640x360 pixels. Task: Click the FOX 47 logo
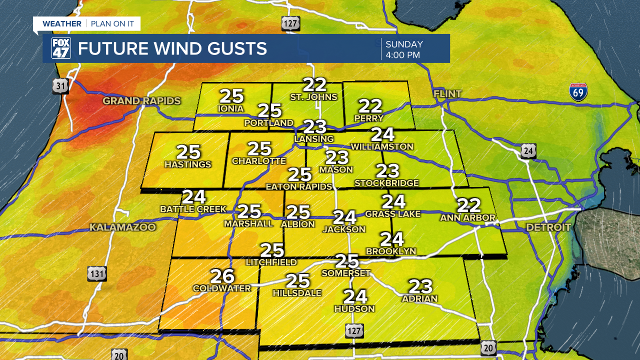(x=61, y=48)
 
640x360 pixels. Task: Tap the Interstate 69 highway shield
(x=578, y=92)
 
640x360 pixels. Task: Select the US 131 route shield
(x=96, y=273)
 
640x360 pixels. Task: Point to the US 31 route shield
(x=60, y=86)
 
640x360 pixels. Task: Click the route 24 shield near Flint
(x=528, y=150)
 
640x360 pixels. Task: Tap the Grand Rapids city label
(x=141, y=101)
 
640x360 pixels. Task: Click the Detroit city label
(x=548, y=227)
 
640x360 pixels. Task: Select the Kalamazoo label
(x=122, y=227)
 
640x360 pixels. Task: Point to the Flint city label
(x=447, y=94)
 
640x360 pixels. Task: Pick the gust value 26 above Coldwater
(x=222, y=276)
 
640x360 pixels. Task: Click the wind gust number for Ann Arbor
(x=469, y=205)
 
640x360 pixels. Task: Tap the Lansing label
(x=314, y=138)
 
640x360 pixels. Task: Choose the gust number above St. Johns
(x=315, y=84)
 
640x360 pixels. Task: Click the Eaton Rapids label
(x=298, y=186)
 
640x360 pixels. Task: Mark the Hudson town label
(x=354, y=308)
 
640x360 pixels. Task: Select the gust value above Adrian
(x=420, y=286)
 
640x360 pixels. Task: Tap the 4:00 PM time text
(x=402, y=55)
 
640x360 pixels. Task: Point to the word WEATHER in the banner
(x=61, y=23)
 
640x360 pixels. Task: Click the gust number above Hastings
(x=188, y=152)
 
